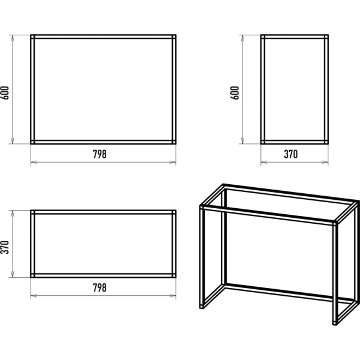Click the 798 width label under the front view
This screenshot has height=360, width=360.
100,154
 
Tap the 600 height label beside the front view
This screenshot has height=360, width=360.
5,93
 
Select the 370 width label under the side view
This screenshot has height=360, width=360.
290,154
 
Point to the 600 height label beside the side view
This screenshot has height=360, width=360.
235,93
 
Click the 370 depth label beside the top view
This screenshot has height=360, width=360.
5,247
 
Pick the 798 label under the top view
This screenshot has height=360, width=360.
100,287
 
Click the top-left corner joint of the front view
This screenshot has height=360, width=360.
32,37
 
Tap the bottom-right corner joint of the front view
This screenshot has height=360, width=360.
174,142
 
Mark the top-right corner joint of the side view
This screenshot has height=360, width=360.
326,37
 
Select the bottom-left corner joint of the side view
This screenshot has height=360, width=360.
263,142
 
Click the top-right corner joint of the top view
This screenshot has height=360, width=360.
174,212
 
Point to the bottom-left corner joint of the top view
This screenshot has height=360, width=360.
32,275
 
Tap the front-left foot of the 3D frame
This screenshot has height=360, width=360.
202,307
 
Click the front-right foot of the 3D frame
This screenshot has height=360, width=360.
335,323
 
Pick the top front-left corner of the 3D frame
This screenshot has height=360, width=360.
202,207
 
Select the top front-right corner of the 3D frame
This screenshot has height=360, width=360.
335,223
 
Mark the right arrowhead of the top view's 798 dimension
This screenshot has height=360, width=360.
173,295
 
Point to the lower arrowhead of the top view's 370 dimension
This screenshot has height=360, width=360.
13,274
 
